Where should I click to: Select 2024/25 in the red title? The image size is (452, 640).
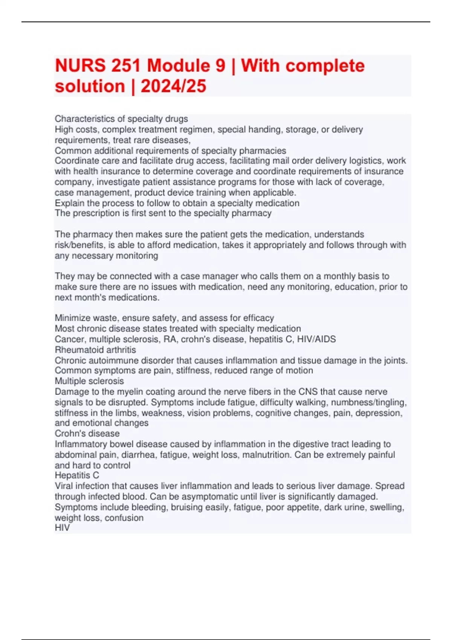[x=173, y=86]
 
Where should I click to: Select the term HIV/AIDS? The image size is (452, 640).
[x=316, y=339]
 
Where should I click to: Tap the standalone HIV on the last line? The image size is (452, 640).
[x=62, y=528]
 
